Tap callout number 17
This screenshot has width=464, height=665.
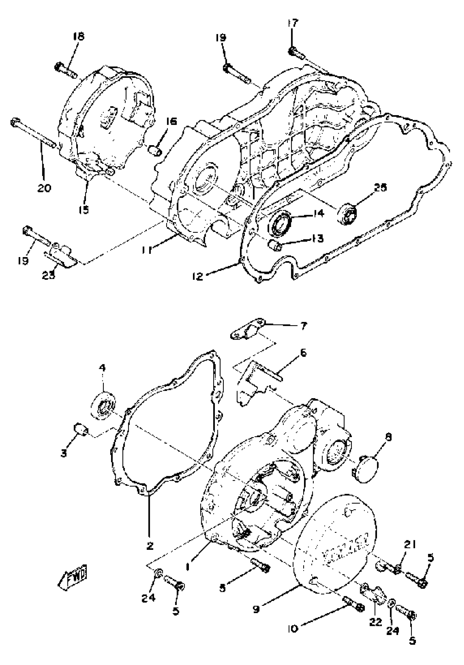click(x=293, y=23)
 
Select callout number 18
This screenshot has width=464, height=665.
click(x=78, y=37)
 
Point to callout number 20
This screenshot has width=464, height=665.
click(x=44, y=188)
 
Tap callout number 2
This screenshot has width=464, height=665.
click(x=150, y=546)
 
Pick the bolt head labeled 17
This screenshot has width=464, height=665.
click(x=292, y=51)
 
